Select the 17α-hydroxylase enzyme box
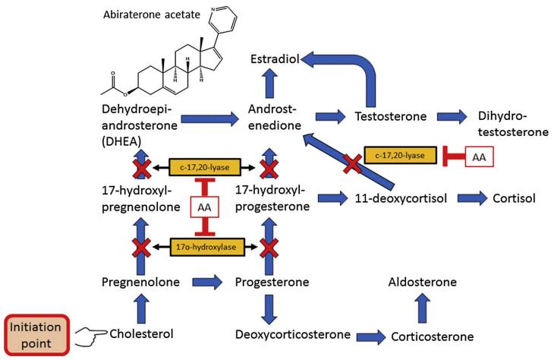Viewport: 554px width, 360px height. (205, 247)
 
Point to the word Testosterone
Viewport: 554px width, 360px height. (390, 117)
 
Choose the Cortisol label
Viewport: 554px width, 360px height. (515, 198)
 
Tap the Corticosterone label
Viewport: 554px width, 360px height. (432, 336)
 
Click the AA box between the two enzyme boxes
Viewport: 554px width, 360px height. (204, 207)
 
